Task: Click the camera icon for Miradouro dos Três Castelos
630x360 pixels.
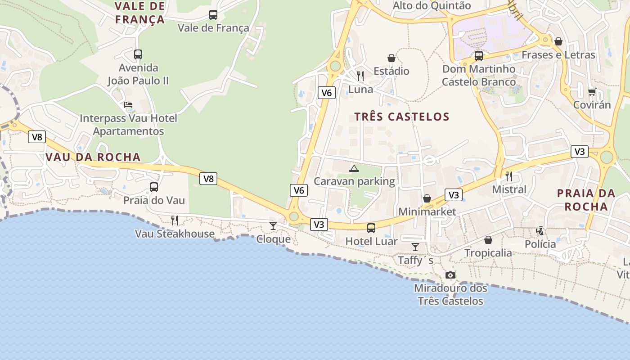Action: tap(450, 275)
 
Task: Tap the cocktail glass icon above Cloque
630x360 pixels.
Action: tap(273, 225)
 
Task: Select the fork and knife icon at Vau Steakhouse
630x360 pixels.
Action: tap(175, 220)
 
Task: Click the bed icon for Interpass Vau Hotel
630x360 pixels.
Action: tap(128, 105)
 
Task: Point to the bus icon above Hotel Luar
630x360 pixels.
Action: tap(371, 228)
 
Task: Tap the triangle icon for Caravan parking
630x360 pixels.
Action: tap(354, 169)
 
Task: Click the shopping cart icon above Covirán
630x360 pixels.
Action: tap(592, 92)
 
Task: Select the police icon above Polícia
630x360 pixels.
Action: tap(540, 231)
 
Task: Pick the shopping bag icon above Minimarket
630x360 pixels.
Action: tap(427, 198)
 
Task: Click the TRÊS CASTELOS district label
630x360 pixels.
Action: tap(402, 117)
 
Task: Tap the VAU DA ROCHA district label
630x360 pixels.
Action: tap(93, 157)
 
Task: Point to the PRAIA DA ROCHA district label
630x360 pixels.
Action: tap(586, 200)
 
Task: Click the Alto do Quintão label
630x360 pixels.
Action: tap(432, 6)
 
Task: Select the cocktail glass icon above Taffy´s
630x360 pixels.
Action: tap(415, 247)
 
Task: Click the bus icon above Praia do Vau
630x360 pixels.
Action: tap(154, 187)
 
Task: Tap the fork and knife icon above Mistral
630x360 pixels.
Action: tap(509, 176)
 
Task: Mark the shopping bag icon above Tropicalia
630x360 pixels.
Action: tap(488, 240)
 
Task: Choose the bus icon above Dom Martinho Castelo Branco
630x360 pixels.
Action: tap(479, 56)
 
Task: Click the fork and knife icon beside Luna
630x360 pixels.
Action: tap(360, 76)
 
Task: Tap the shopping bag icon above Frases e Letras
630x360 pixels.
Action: tap(558, 41)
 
